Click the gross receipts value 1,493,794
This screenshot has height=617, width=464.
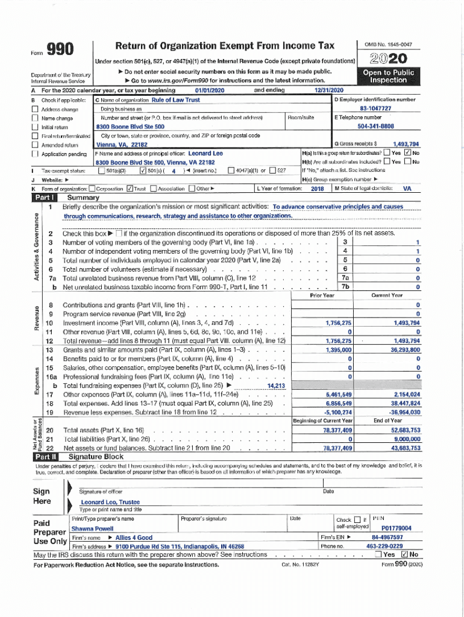(x=406, y=145)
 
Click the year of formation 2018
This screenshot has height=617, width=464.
(x=318, y=189)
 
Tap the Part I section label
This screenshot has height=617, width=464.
(x=46, y=198)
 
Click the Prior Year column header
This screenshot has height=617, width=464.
(x=322, y=296)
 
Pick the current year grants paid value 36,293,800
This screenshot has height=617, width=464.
(x=405, y=349)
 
